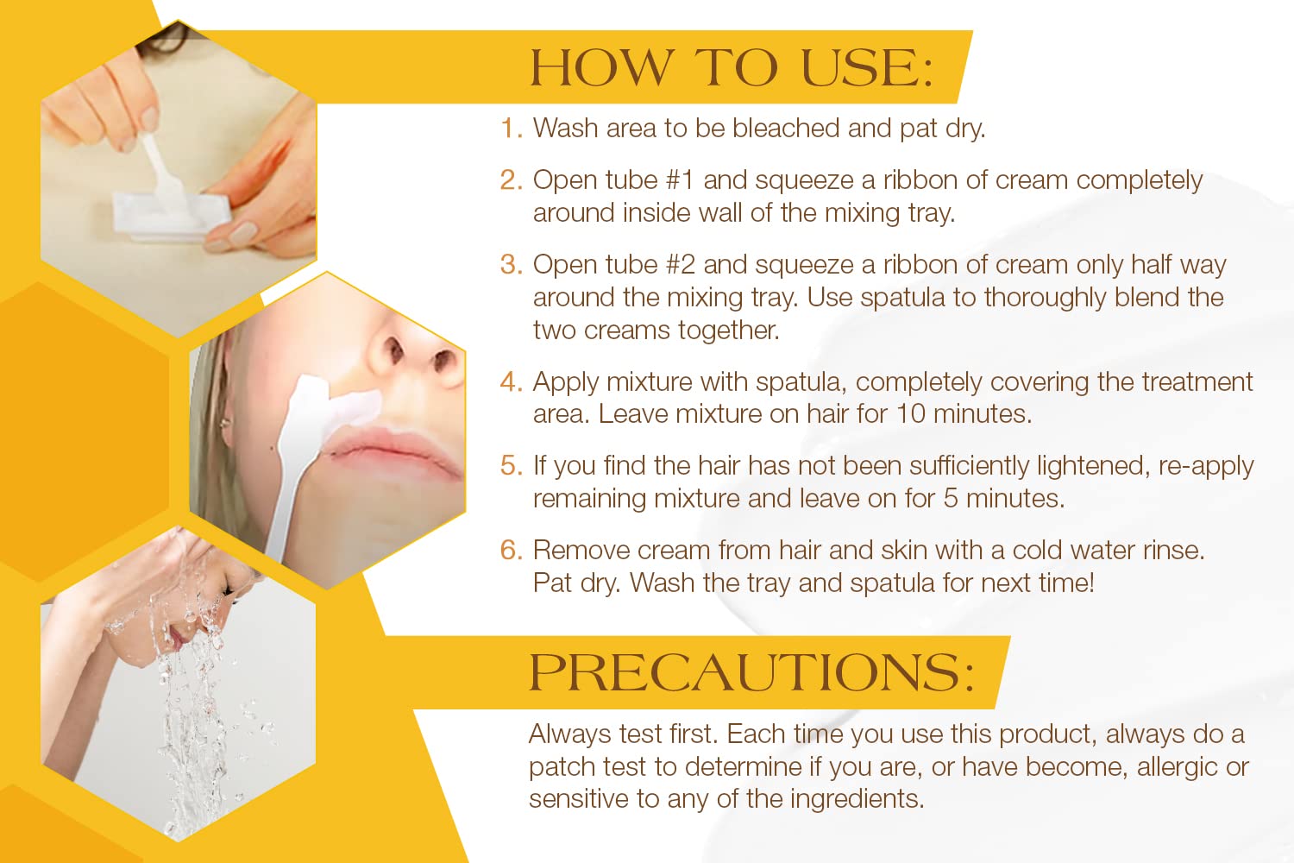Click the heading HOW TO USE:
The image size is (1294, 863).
point(732,68)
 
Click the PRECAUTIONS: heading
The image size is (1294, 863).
point(751,672)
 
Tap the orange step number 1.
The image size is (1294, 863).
point(511,129)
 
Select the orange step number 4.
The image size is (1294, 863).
point(512,382)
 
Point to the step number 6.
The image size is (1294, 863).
point(512,551)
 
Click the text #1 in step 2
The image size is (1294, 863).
point(680,180)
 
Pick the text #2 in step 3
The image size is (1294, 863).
point(681,265)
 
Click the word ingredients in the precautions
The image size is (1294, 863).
point(857,799)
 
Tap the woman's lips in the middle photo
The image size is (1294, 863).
point(393,450)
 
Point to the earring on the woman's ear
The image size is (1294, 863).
point(223,424)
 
